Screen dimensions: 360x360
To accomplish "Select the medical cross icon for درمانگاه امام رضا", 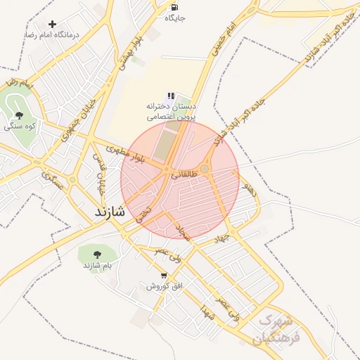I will pyautogui.click(x=52, y=24).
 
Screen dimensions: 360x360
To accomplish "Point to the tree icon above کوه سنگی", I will pyautogui.click(x=18, y=115).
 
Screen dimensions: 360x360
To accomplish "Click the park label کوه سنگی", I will pyautogui.click(x=20, y=127).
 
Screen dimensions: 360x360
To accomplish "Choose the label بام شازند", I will pyautogui.click(x=98, y=265).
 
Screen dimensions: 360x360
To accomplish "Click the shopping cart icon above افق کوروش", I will pyautogui.click(x=164, y=276).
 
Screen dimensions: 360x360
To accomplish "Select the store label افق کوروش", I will pyautogui.click(x=165, y=286).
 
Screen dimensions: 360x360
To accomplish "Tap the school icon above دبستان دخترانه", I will pyautogui.click(x=170, y=96).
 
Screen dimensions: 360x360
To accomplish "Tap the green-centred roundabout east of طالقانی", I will pyautogui.click(x=205, y=169).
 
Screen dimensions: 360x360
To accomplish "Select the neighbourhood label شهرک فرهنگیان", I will pyautogui.click(x=279, y=328).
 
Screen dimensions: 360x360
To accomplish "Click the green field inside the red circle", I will pyautogui.click(x=164, y=145).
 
